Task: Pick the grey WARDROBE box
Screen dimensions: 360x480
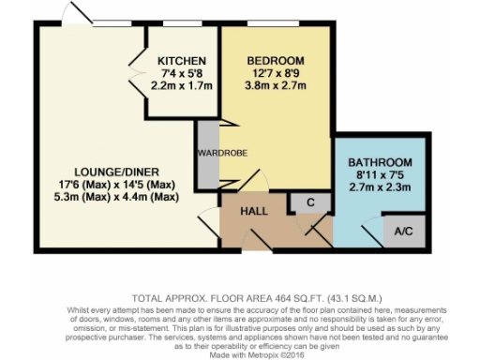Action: [208, 154]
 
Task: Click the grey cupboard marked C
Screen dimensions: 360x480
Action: [308, 201]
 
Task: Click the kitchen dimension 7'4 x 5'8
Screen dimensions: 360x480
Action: [183, 72]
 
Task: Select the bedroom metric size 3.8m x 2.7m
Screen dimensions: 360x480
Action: [275, 86]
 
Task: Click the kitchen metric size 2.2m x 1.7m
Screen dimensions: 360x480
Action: [183, 85]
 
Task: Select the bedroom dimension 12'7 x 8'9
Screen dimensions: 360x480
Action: [275, 73]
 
